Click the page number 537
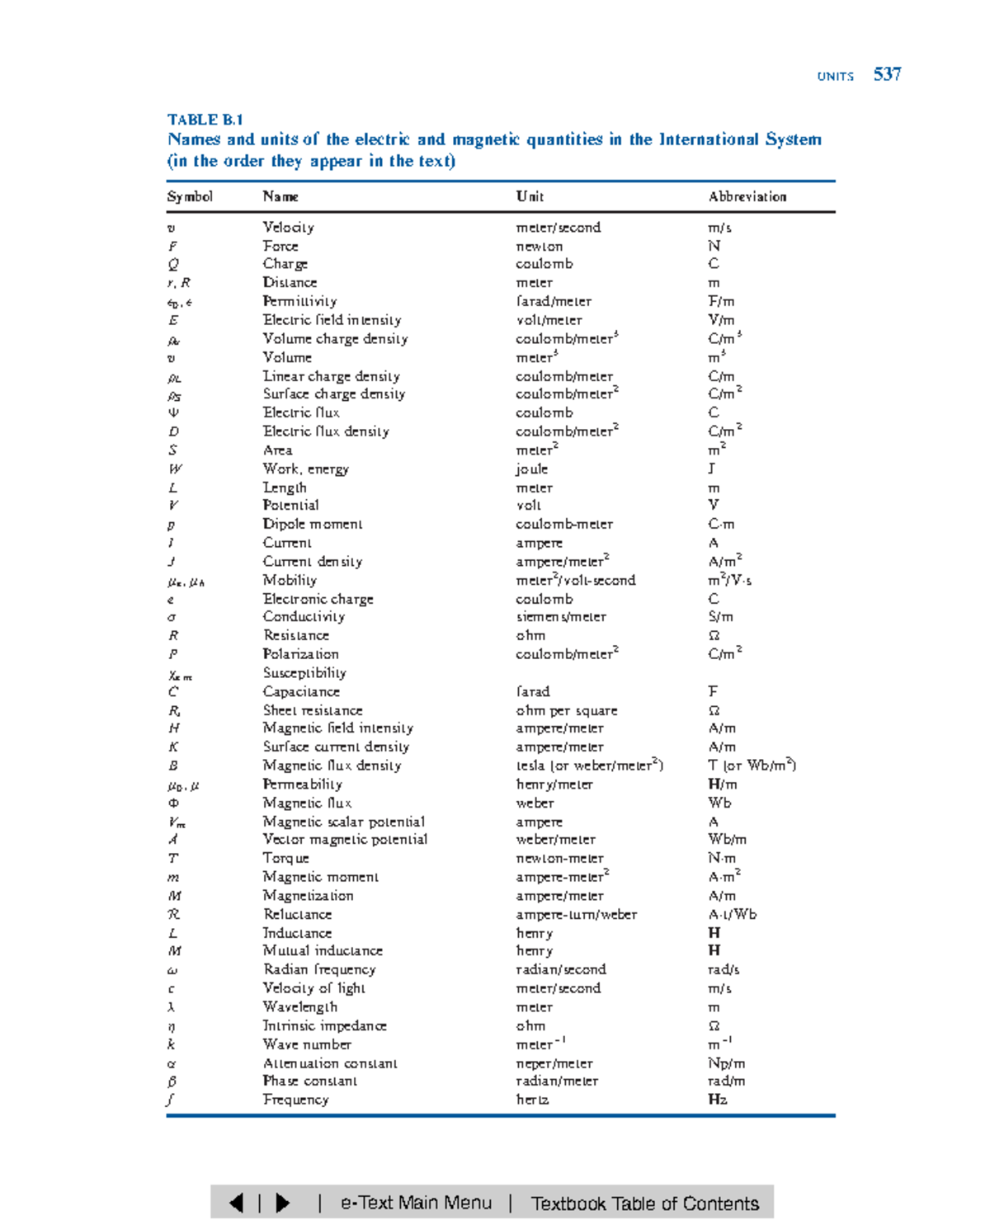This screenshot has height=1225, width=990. [887, 74]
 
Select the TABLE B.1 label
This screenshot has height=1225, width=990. [205, 120]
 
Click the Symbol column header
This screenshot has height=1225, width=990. [190, 196]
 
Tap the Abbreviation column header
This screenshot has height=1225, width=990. [747, 196]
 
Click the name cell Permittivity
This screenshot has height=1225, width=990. [299, 301]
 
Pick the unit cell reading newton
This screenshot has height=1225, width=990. [539, 246]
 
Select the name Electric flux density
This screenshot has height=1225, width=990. [326, 431]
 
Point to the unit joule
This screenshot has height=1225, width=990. [531, 469]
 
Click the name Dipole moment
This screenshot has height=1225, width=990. [312, 524]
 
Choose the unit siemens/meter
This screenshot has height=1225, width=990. [560, 617]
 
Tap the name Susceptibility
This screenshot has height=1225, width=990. [304, 672]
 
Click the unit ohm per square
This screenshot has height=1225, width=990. [566, 710]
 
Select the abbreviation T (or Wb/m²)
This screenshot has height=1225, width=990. [752, 765]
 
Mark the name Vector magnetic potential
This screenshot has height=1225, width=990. [345, 839]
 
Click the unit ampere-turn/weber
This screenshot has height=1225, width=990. [576, 914]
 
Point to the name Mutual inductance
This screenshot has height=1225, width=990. [323, 950]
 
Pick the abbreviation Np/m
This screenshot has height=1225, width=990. [726, 1063]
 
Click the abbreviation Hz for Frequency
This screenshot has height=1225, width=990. [717, 1099]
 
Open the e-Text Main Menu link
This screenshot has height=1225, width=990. [416, 1203]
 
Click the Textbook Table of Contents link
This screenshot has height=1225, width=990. [644, 1204]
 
